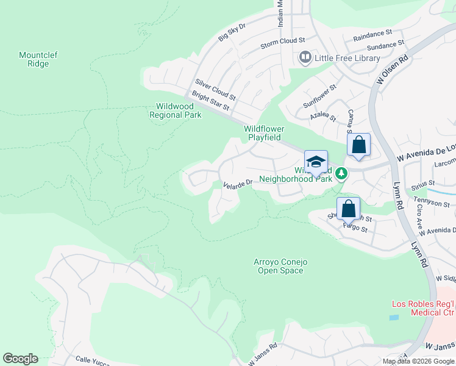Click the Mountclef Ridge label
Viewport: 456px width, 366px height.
coord(38,59)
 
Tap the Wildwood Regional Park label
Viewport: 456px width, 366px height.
coord(175,110)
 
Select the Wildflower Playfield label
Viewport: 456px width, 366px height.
coord(264,133)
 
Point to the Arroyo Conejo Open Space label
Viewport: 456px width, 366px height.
coord(280,266)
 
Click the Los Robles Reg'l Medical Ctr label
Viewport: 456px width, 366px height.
coord(422,309)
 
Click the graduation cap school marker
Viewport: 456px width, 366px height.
coord(316,163)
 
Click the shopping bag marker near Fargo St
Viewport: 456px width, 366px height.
coord(348,209)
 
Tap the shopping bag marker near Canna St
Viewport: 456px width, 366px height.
coord(359,146)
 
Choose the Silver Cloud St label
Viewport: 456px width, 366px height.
coord(215,89)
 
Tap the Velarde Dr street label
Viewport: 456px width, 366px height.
coord(238,184)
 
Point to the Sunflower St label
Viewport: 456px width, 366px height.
coord(321,98)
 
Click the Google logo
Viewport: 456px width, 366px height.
coord(20,359)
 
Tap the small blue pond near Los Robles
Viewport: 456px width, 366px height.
coord(394,318)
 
